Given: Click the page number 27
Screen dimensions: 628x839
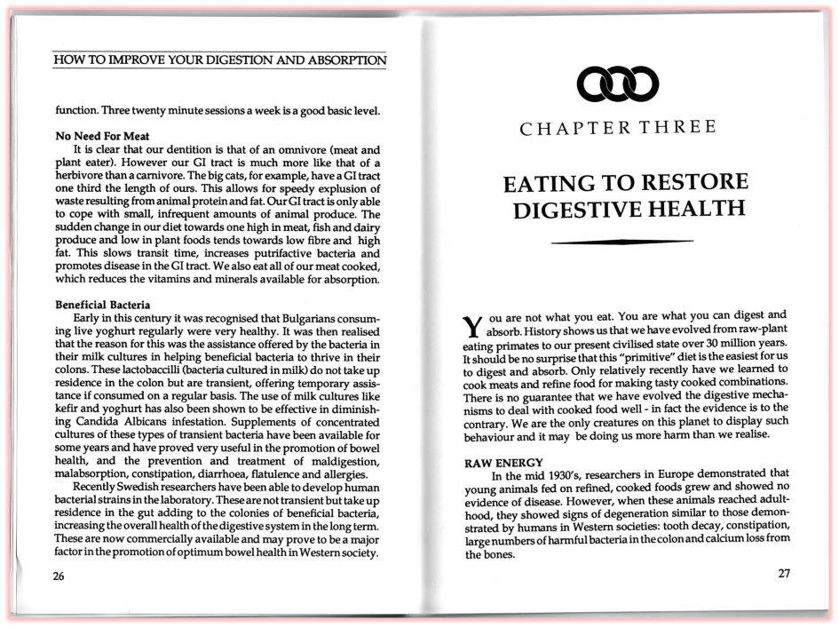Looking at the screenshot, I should pyautogui.click(x=783, y=573).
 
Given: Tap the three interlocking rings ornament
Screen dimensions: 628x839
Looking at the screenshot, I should pyautogui.click(x=617, y=84).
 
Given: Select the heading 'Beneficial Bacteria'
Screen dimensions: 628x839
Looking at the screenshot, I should pyautogui.click(x=103, y=306).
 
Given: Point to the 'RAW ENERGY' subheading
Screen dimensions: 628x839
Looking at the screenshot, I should pyautogui.click(x=503, y=463).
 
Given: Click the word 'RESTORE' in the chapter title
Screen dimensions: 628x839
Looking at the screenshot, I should pyautogui.click(x=689, y=184).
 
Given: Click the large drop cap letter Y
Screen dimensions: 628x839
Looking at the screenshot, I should pyautogui.click(x=474, y=326).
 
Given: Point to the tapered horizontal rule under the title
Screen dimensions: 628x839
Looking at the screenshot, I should pyautogui.click(x=621, y=242).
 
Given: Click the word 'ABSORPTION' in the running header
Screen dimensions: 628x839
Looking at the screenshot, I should pyautogui.click(x=343, y=61).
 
